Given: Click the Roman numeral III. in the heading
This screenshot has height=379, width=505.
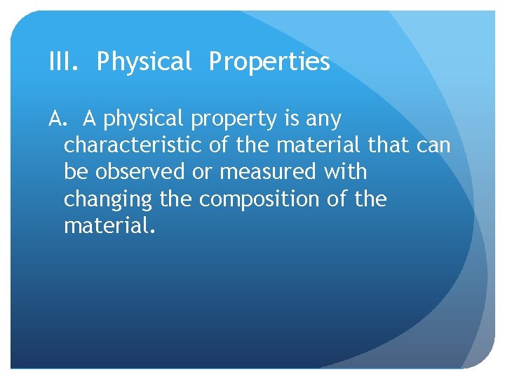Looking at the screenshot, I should (x=64, y=62).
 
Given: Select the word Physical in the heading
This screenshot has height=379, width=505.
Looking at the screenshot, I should (x=144, y=62).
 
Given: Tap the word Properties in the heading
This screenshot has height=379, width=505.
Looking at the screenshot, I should (x=269, y=62).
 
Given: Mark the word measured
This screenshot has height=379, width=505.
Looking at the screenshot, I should (x=273, y=173).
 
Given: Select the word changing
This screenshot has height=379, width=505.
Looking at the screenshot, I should (x=107, y=200).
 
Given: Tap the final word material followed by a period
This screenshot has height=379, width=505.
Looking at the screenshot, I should (x=106, y=226).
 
